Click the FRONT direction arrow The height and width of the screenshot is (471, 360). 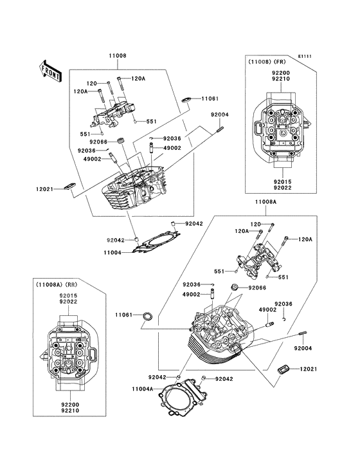coord(50,71)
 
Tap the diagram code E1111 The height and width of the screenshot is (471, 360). coord(305,56)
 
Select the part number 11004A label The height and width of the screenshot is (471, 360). coord(143,389)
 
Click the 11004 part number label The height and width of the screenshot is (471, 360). coord(113,253)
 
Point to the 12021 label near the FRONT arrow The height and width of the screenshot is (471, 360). coord(44,189)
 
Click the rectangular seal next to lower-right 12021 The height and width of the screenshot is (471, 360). coord(283,369)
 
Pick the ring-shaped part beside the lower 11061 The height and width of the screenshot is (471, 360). coord(148,316)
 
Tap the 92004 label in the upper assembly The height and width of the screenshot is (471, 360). coord(219,115)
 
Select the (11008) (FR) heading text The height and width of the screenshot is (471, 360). coord(267,62)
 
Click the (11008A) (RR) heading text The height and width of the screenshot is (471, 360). coord(57,284)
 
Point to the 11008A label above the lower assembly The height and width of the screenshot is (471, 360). coord(265,202)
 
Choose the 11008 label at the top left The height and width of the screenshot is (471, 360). coord(117,55)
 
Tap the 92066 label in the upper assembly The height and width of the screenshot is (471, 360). coord(98,141)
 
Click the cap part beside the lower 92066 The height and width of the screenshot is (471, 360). coord(234,287)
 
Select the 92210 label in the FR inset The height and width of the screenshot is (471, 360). coord(281,79)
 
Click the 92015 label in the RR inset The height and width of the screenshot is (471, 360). coord(68,296)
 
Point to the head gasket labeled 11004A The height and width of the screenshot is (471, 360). coord(183,397)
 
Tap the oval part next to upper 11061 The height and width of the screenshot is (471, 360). coord(187,100)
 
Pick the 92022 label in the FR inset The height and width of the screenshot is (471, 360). coord(282,188)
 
